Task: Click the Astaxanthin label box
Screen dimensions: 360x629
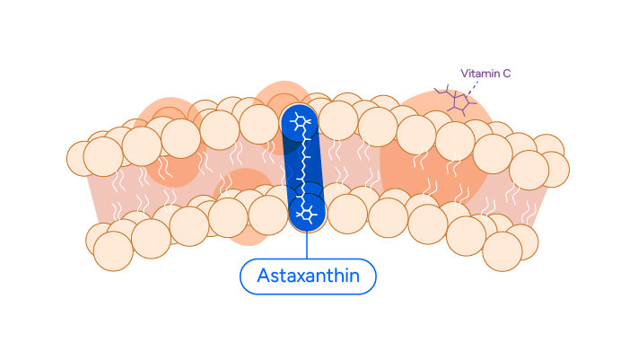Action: [x=307, y=277]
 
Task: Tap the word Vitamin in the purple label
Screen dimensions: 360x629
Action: [x=476, y=73]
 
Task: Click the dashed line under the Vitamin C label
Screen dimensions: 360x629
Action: [x=472, y=86]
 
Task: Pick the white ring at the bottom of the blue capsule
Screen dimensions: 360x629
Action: [x=308, y=213]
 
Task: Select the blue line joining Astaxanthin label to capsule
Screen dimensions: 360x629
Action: [x=307, y=246]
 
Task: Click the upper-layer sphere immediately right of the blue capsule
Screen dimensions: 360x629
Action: [x=338, y=120]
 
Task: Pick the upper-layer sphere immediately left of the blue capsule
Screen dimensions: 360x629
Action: [x=259, y=124]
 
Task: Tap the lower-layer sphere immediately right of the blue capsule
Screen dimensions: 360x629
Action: [x=347, y=214]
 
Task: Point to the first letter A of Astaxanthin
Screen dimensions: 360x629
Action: [x=263, y=277]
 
